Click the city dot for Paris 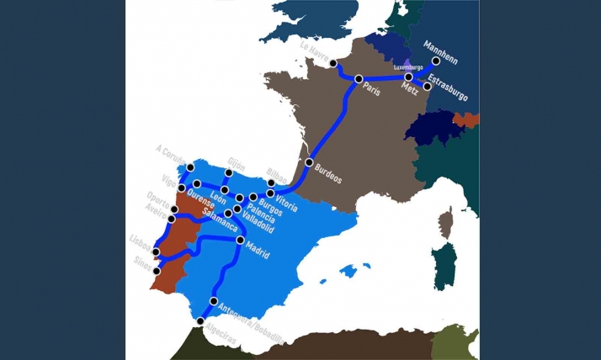[359, 79]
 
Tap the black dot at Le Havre [333, 63]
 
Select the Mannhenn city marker [436, 61]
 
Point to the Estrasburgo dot [428, 86]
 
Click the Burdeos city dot [309, 161]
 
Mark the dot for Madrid [240, 241]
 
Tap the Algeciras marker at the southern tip [200, 320]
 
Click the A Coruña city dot [190, 168]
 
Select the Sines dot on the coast [157, 271]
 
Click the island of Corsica [446, 223]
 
